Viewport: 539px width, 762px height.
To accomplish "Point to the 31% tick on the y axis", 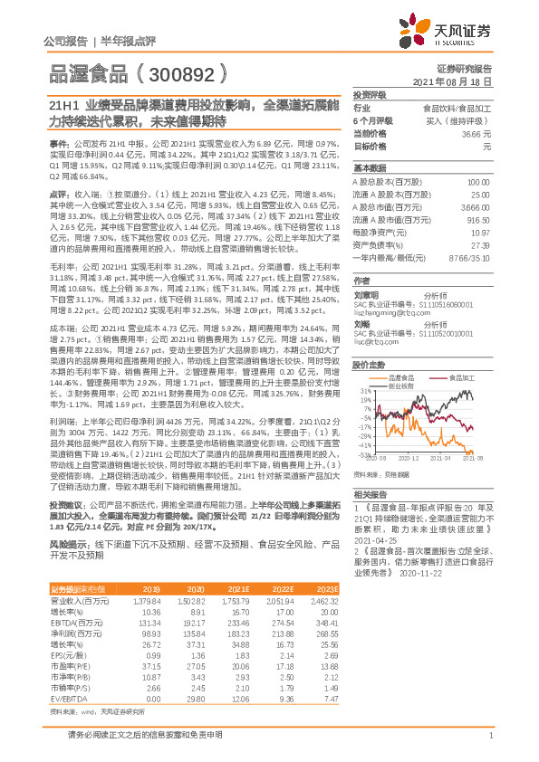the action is tap(366, 391).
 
